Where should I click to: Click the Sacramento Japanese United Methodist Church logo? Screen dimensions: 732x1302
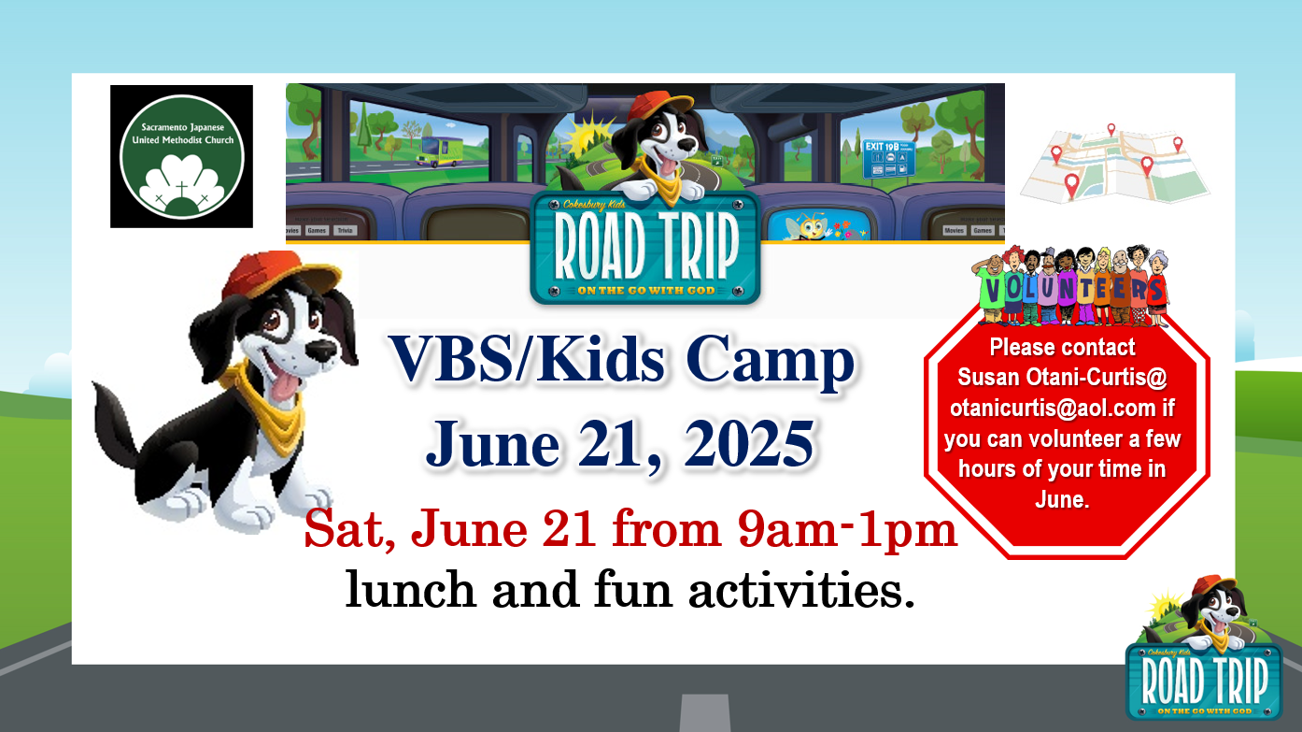tap(181, 156)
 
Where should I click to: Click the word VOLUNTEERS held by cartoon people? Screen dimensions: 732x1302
tap(1071, 290)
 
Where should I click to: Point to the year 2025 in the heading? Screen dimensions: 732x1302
tap(748, 444)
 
